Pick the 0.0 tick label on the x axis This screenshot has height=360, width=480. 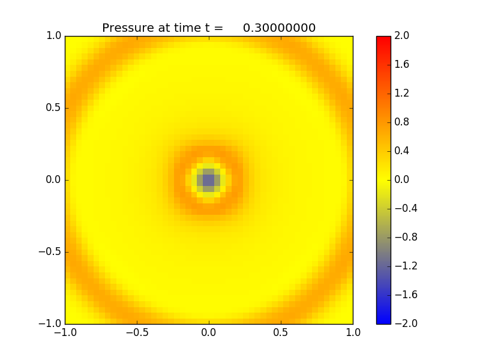(209, 332)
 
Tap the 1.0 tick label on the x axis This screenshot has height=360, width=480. (353, 332)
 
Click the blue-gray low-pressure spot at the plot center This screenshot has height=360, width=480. (209, 180)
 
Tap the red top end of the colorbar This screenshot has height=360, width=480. (383, 38)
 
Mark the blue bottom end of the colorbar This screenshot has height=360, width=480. (383, 322)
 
